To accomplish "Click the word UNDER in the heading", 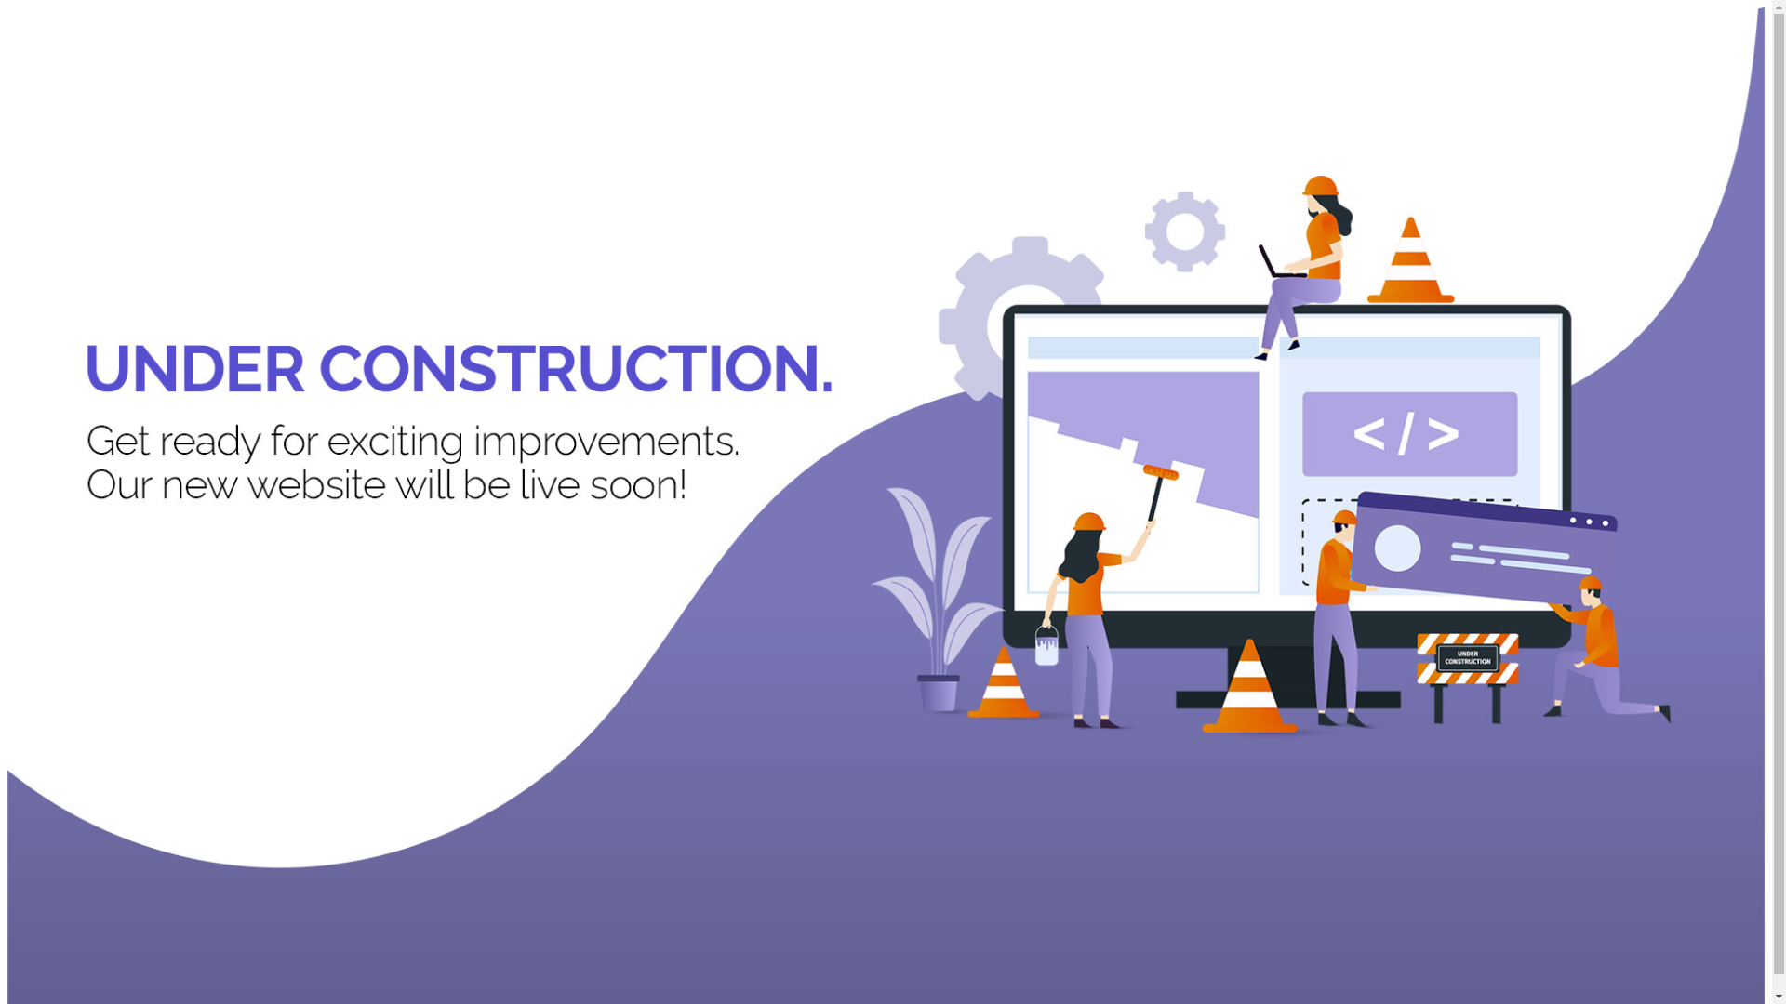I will point(194,370).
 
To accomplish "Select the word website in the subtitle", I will point(316,485).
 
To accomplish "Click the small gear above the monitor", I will point(1184,231).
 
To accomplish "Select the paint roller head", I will point(1160,472).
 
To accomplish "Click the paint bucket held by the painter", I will point(1046,645).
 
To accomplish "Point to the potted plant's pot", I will point(939,694).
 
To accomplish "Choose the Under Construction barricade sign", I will point(1467,659).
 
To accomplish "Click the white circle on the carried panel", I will point(1397,548).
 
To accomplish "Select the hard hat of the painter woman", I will point(1089,521).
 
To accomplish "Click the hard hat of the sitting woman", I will point(1319,185).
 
